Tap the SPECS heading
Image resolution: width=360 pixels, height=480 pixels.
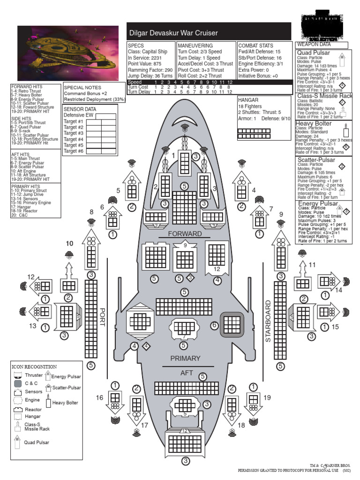(136, 45)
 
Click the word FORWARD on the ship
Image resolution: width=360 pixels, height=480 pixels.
(185, 233)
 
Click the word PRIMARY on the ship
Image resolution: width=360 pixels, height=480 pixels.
(185, 358)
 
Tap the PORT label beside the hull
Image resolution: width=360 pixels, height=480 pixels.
(103, 319)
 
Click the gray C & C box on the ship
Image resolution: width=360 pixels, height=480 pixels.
(232, 324)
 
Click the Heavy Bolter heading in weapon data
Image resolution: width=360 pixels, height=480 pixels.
(314, 124)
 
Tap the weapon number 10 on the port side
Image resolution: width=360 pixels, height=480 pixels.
(69, 243)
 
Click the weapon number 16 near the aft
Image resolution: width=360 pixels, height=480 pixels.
(99, 397)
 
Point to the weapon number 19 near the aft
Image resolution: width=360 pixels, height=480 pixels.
(267, 397)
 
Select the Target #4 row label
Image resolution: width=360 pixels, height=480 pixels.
(74, 139)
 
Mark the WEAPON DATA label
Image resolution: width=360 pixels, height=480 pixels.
(313, 45)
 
